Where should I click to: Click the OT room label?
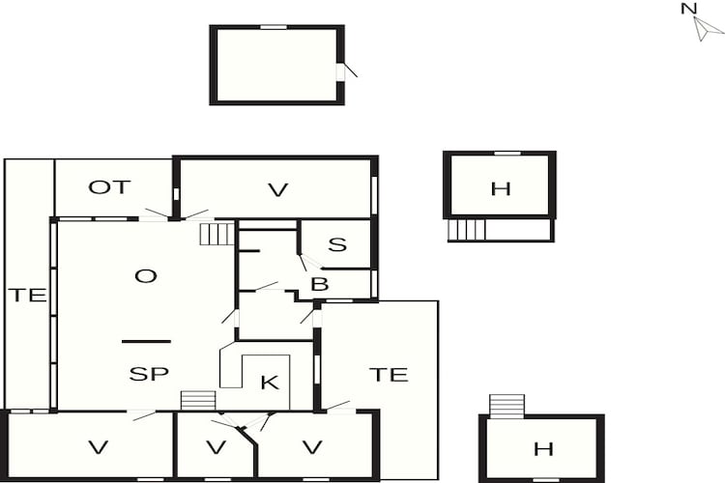109,187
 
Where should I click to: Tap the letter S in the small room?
336,244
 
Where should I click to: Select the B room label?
319,284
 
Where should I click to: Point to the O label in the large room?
145,276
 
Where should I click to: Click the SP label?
149,374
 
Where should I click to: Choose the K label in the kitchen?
270,383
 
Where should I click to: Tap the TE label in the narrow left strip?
28,296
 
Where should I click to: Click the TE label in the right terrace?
389,374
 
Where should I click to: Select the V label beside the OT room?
278,190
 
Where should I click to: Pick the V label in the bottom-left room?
97,447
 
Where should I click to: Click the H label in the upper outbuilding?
500,188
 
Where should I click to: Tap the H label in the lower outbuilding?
543,448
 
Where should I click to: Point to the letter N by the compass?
688,9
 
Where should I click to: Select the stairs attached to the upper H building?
467,230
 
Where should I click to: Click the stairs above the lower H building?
507,405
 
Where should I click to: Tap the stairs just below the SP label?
197,400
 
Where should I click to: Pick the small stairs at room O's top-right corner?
217,234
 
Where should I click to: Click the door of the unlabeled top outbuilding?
343,71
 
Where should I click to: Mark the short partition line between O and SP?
146,341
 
